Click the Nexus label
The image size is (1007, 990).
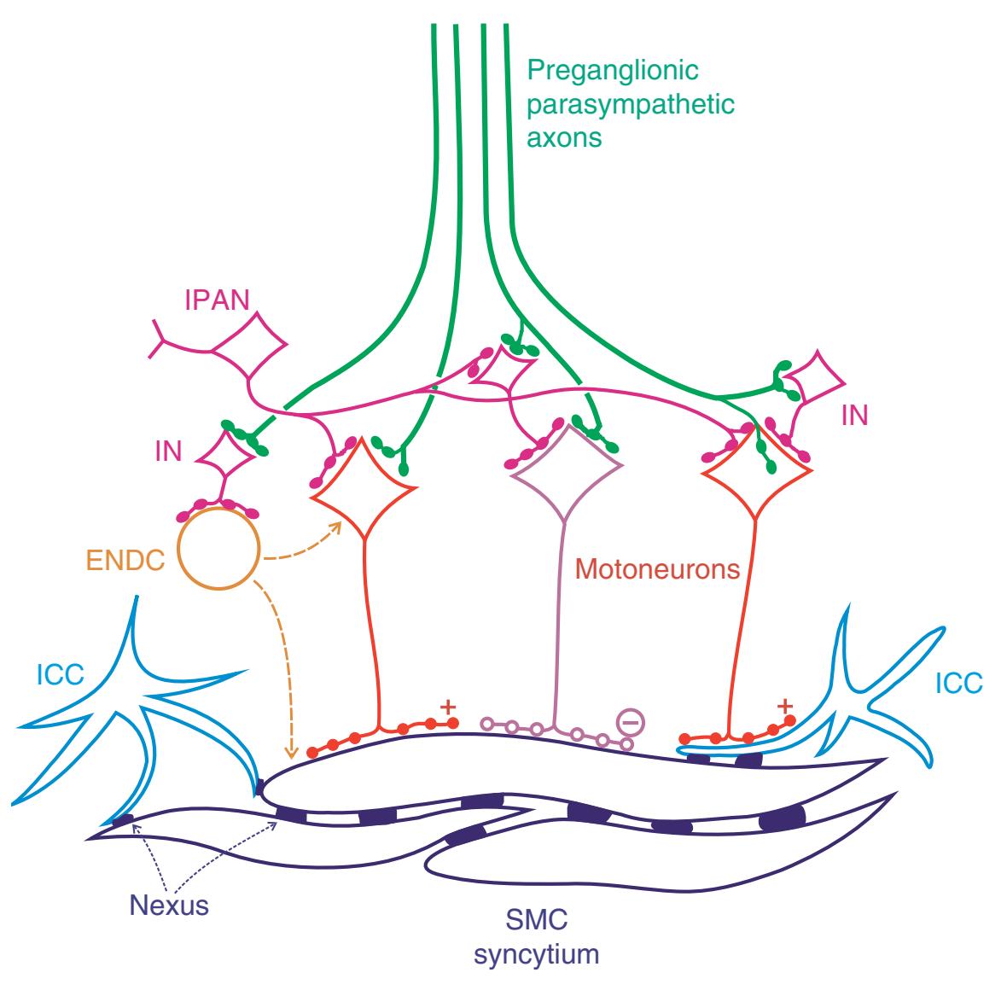[x=169, y=904]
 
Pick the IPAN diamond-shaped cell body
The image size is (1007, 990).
[x=248, y=346]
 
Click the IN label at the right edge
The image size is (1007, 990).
[x=854, y=416]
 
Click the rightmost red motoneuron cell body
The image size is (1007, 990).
[x=755, y=478]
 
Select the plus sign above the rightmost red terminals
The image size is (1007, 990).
[x=785, y=706]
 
